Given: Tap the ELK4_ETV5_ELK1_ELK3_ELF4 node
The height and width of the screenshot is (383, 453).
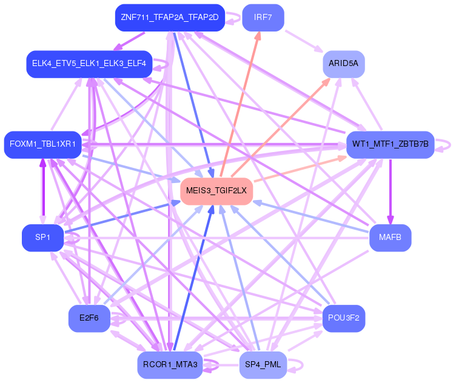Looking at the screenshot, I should pyautogui.click(x=89, y=64).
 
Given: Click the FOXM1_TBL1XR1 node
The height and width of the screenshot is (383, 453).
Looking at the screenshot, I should pyautogui.click(x=42, y=145).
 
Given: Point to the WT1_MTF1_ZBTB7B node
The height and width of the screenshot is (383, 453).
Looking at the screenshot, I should pyautogui.click(x=391, y=145).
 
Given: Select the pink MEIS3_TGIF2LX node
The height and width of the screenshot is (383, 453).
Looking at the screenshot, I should pyautogui.click(x=216, y=191).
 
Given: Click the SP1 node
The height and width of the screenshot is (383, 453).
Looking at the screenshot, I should pyautogui.click(x=42, y=238).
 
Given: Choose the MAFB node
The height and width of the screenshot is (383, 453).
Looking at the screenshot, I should pyautogui.click(x=390, y=238).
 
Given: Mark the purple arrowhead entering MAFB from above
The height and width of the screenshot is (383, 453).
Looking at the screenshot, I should pyautogui.click(x=391, y=219).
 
